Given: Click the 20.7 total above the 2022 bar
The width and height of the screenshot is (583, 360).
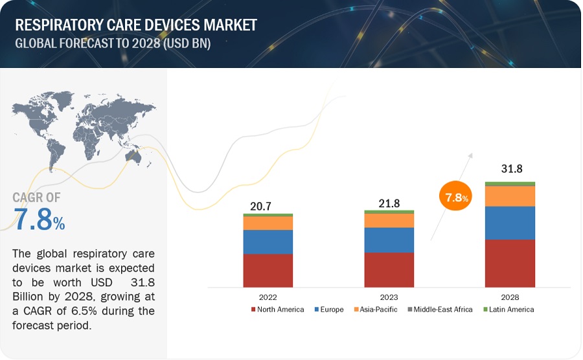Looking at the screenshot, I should coord(261,206).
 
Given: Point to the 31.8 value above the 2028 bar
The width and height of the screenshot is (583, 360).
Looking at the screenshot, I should coord(511,169).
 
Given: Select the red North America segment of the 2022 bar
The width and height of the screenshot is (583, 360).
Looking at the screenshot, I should coord(268,270).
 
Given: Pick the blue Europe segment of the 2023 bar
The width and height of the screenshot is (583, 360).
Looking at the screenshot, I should coord(389,240).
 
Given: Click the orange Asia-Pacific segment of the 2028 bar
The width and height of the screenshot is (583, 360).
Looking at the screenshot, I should coord(510,196).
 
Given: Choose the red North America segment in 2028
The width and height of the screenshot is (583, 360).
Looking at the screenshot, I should coord(510,263).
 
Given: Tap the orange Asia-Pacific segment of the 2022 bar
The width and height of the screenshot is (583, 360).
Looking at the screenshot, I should coord(268,223).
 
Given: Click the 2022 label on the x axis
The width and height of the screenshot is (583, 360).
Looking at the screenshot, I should coord(268,297).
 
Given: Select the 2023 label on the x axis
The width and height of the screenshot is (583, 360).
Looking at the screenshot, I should coord(389,297).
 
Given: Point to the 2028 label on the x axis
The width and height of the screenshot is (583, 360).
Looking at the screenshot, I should coord(510,297).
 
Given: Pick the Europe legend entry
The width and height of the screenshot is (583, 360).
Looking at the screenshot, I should coord(330,309).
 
